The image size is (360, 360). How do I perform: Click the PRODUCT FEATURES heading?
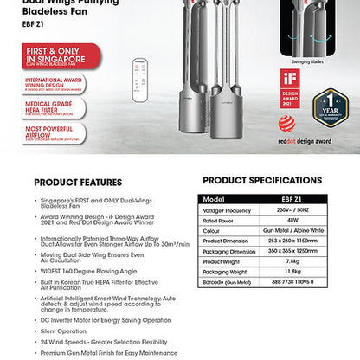(x=81, y=183)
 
